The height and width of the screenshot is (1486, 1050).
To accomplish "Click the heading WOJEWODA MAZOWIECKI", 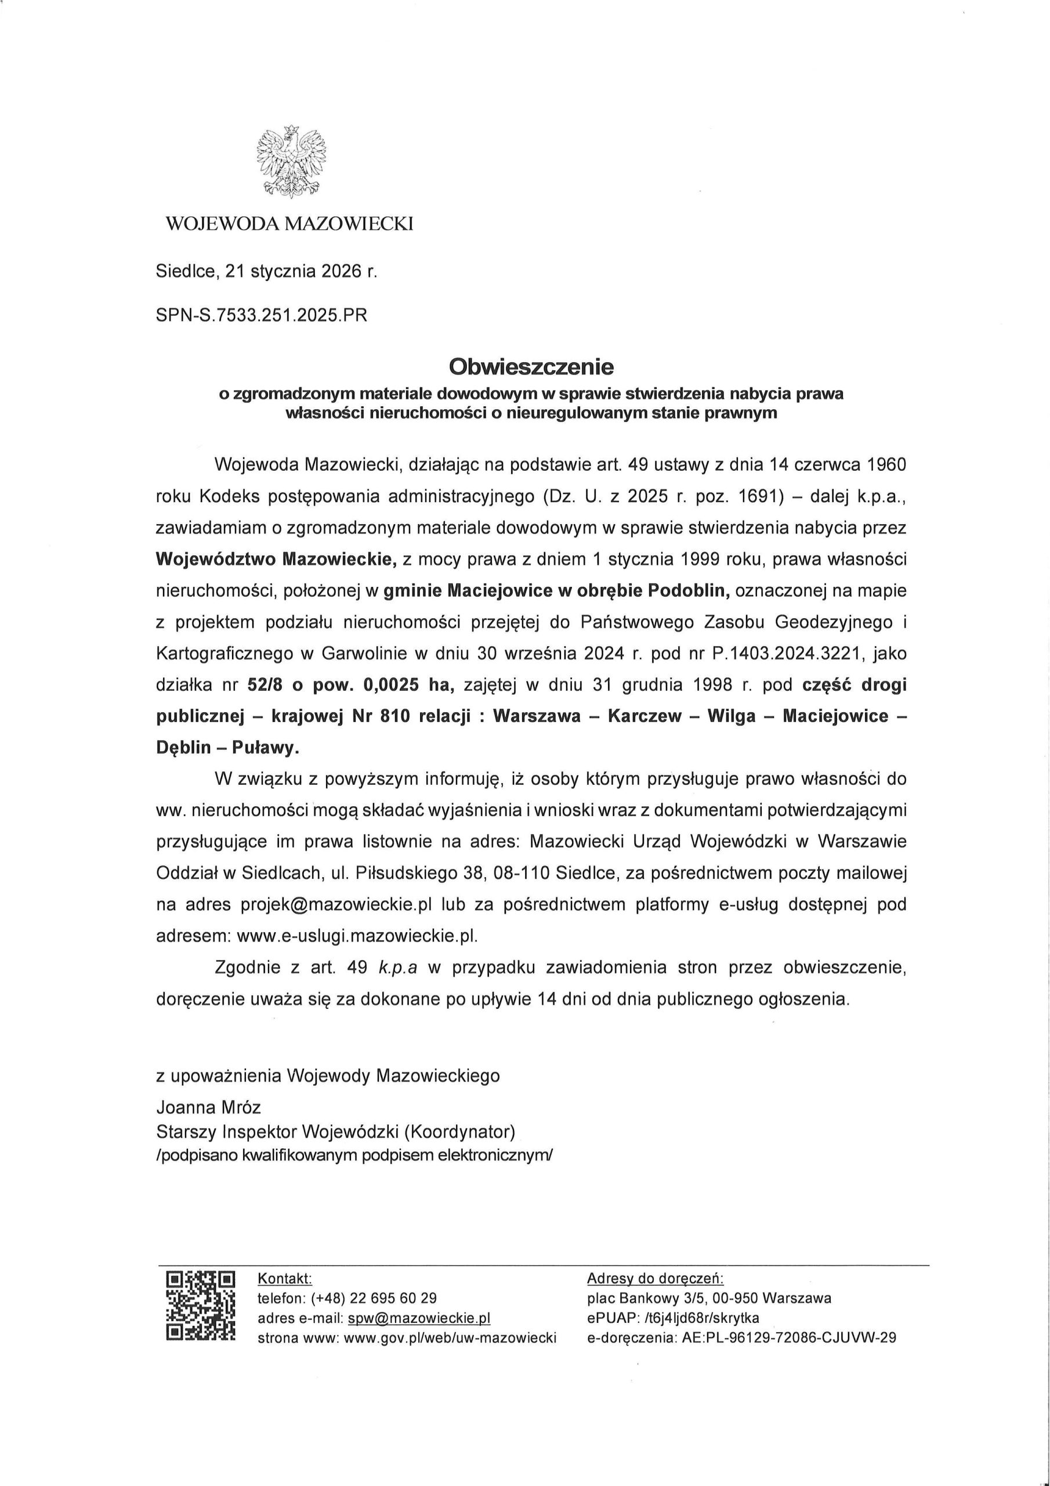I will pos(289,224).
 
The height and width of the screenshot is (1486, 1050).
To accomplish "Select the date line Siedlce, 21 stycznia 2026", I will pos(266,271).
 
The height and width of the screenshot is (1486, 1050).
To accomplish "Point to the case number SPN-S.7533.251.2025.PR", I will pos(262,315).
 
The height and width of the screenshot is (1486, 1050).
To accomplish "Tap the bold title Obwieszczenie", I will pos(531,367).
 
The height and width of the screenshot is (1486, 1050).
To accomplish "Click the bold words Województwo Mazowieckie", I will pos(276,559).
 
